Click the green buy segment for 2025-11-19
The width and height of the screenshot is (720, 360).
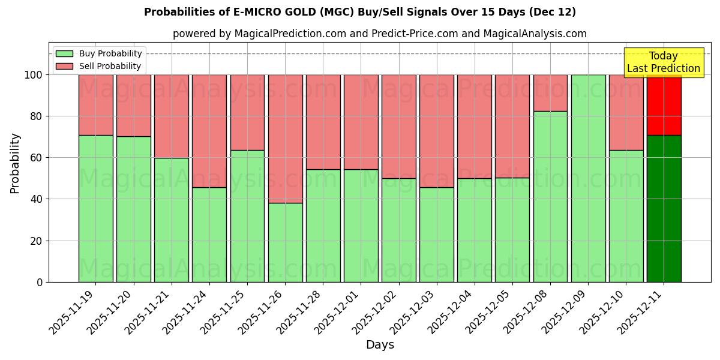pyautogui.click(x=95, y=208)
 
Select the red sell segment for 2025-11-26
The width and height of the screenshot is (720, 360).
pyautogui.click(x=285, y=139)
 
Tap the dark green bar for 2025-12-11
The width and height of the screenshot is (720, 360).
pyautogui.click(x=664, y=208)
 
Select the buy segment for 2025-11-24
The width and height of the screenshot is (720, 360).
pyautogui.click(x=209, y=235)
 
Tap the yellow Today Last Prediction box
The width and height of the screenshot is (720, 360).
pyautogui.click(x=663, y=62)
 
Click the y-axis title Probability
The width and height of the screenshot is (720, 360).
pyautogui.click(x=15, y=163)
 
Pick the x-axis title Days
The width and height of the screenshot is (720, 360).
pyautogui.click(x=380, y=345)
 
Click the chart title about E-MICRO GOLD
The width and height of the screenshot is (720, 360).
pyautogui.click(x=360, y=12)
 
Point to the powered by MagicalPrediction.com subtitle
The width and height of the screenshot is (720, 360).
pyautogui.click(x=380, y=34)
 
